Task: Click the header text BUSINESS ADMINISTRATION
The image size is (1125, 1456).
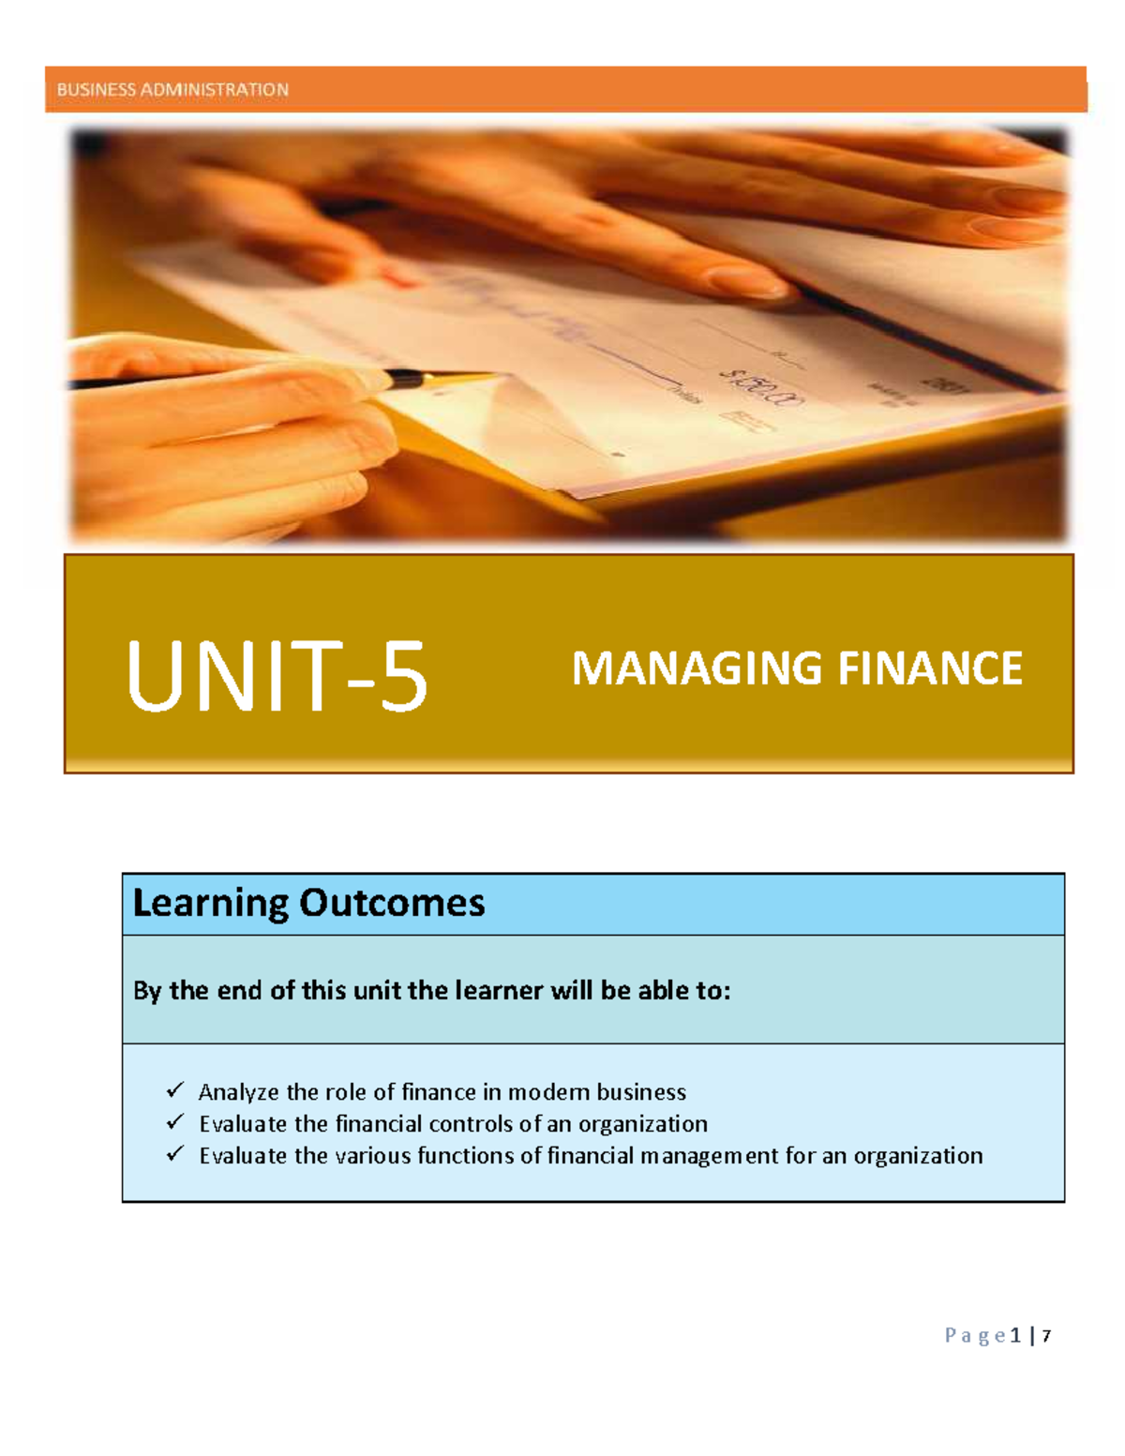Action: (172, 90)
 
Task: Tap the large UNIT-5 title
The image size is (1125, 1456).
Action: (277, 675)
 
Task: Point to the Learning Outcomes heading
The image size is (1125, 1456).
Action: (308, 903)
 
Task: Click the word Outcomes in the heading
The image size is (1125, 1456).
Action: (391, 903)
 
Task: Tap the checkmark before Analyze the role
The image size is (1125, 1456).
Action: (175, 1090)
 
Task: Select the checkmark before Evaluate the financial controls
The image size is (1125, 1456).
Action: (175, 1122)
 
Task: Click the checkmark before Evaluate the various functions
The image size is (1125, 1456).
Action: (175, 1154)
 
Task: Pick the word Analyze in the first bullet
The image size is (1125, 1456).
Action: (238, 1093)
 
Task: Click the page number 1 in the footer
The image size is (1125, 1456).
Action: (1016, 1336)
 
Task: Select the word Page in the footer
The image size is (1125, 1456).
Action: (975, 1336)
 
